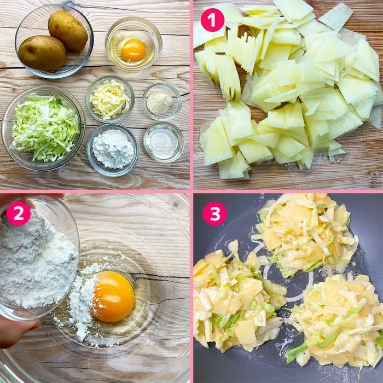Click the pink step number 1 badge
(212, 20)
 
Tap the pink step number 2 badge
(19, 213)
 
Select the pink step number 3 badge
(214, 213)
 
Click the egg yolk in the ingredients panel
(134, 50)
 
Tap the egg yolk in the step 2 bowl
(113, 296)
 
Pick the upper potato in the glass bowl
(68, 31)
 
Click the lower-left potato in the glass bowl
(42, 53)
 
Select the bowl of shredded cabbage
(43, 127)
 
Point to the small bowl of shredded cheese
(110, 99)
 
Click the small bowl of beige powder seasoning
(162, 101)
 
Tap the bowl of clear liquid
(164, 142)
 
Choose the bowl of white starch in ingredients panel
(113, 150)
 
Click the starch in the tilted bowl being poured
(37, 259)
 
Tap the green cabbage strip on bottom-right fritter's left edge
(296, 351)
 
